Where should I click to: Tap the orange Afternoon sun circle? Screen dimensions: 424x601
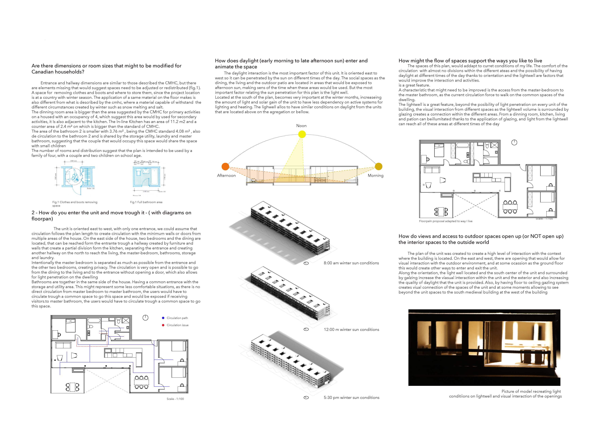click(x=225, y=167)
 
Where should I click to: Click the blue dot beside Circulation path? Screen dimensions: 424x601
click(x=163, y=318)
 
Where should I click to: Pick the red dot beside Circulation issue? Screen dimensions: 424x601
click(x=163, y=325)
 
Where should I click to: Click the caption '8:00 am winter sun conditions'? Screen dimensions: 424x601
click(x=351, y=263)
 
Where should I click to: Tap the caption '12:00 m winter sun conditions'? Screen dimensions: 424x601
click(x=351, y=330)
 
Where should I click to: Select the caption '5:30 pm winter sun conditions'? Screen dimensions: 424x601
click(x=351, y=398)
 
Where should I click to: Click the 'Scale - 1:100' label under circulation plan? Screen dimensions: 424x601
click(x=175, y=399)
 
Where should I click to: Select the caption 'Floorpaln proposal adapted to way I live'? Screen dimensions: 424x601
click(x=445, y=221)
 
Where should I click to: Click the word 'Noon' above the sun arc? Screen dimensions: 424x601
click(x=301, y=126)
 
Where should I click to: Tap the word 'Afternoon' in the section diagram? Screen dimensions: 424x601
click(x=226, y=175)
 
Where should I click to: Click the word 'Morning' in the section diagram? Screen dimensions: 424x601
click(x=375, y=175)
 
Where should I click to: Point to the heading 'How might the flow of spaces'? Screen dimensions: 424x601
click(x=470, y=61)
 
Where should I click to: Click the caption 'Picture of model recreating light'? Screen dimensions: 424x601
click(x=531, y=391)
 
